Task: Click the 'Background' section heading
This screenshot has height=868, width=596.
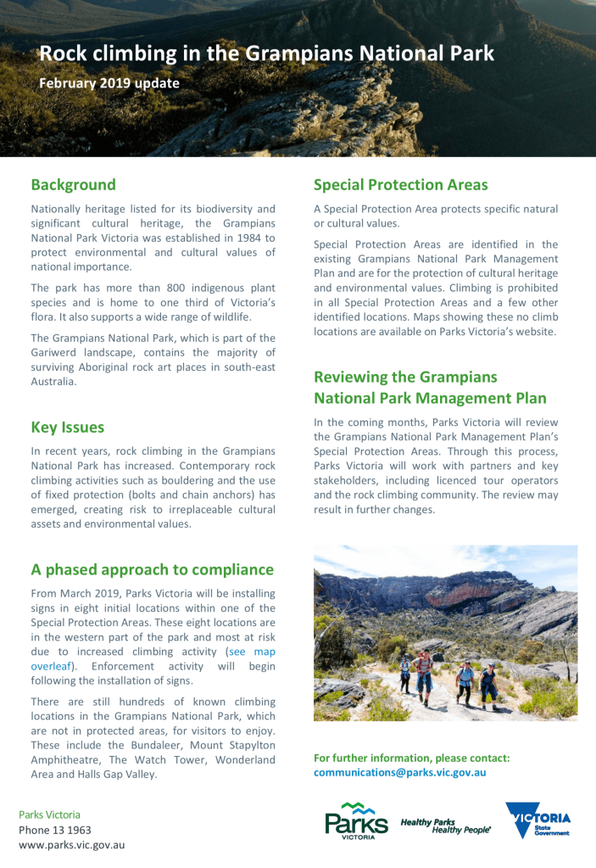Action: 73,185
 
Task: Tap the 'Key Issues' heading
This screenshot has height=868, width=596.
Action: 68,428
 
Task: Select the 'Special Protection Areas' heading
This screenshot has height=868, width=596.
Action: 401,185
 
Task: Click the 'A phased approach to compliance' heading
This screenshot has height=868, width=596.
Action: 153,569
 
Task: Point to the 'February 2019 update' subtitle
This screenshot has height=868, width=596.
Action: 109,83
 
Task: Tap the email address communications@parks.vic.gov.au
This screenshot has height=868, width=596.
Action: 399,772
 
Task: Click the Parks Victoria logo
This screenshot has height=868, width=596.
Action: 356,820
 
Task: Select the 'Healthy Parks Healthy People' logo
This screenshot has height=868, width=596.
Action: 446,826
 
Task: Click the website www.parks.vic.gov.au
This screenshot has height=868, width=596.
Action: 72,845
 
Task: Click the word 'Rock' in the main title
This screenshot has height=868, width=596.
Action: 61,55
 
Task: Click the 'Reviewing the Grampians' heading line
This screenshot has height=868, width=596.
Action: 405,377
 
